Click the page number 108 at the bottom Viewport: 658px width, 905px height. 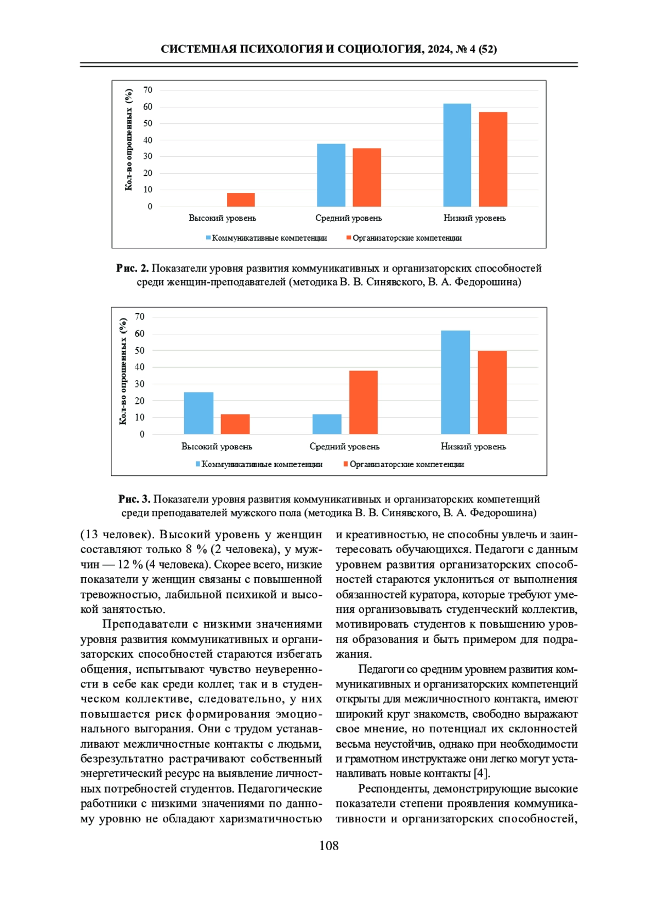tap(329, 846)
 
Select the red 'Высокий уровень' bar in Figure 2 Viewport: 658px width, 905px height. tap(241, 200)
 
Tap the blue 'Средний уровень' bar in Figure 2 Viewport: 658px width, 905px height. tap(331, 175)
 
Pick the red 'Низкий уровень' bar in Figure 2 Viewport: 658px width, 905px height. tap(493, 159)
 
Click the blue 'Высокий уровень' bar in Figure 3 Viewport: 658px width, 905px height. tap(198, 413)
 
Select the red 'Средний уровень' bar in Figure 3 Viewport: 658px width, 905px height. tap(364, 402)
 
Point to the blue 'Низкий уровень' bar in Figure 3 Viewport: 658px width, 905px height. tap(455, 382)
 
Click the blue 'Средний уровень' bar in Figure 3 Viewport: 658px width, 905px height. tap(327, 424)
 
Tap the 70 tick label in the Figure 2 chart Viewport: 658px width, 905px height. tap(148, 90)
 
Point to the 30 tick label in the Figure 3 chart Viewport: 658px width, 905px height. tap(140, 384)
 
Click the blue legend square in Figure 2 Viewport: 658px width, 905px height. tap(208, 238)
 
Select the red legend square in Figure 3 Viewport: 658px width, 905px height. tap(345, 464)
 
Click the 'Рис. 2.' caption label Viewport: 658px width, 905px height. tap(132, 268)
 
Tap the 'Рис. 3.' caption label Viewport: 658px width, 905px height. tap(134, 499)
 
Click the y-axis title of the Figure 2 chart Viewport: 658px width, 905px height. tap(129, 140)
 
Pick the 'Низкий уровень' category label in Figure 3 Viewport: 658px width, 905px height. tap(473, 446)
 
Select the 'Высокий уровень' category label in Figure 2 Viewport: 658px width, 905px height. tap(222, 218)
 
